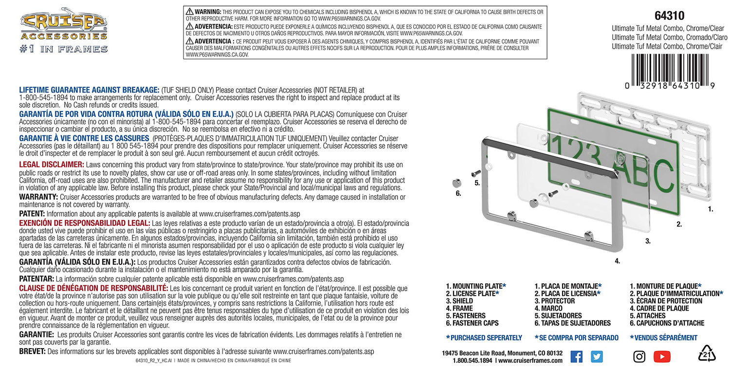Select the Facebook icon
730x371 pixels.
click(576, 356)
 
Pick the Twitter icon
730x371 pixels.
click(597, 356)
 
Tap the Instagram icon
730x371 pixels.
click(639, 356)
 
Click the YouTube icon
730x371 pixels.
click(662, 356)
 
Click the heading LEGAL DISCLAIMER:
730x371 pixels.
click(52, 165)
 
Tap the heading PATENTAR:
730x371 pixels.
click(36, 279)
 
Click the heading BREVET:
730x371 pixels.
click(32, 352)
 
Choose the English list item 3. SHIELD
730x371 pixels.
click(459, 301)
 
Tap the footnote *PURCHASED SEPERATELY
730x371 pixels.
click(484, 337)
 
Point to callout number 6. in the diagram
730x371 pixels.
click(458, 193)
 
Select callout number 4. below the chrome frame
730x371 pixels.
click(617, 261)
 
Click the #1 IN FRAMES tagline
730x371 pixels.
click(64, 49)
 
